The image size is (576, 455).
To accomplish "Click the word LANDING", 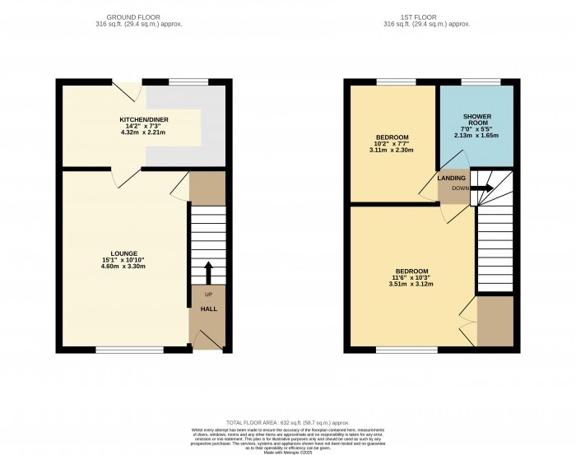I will coord(451,179).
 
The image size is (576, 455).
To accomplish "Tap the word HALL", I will coord(209,309).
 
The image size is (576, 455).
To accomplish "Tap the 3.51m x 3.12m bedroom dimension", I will coord(412,285).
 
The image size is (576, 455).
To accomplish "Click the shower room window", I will coord(472,81).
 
